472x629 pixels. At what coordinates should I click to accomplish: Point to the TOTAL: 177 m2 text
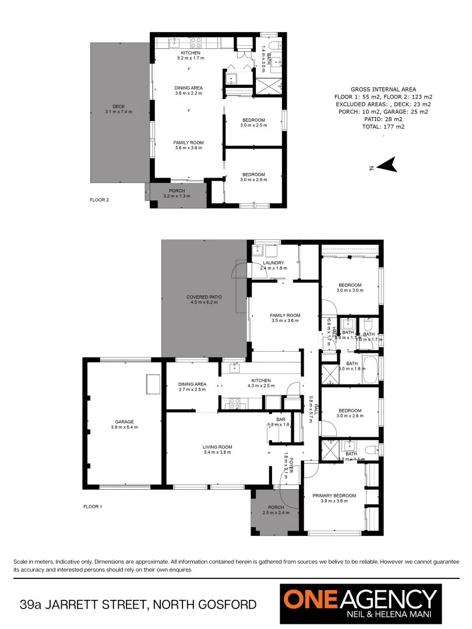coord(383,126)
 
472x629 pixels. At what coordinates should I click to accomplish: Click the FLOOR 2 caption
coord(99,199)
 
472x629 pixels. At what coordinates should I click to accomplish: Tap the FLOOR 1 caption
coord(92,507)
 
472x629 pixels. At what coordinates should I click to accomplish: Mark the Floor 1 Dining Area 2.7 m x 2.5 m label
coord(192,387)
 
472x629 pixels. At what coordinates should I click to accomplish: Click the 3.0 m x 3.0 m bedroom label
coord(350,287)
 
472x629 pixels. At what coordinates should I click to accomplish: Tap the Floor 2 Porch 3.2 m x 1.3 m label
coord(177,193)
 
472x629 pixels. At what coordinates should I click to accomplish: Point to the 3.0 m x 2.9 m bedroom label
coord(253,177)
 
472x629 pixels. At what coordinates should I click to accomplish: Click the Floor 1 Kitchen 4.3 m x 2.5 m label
coord(260,383)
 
